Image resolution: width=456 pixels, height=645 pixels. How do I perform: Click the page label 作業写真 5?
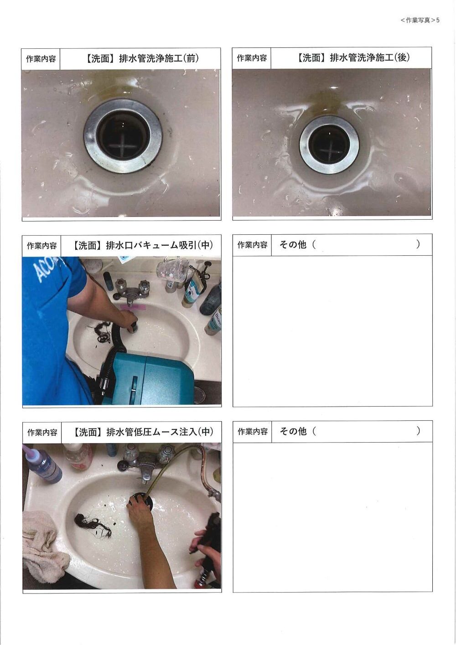pyautogui.click(x=420, y=20)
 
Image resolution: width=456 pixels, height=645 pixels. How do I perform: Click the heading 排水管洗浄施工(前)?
pyautogui.click(x=159, y=58)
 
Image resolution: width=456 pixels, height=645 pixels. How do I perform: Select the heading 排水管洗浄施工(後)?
pyautogui.click(x=369, y=57)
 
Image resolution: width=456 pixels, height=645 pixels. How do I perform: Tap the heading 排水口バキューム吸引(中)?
pyautogui.click(x=160, y=245)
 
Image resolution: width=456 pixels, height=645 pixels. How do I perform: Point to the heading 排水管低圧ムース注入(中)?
pyautogui.click(x=160, y=432)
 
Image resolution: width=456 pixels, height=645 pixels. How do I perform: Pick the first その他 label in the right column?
pyautogui.click(x=293, y=244)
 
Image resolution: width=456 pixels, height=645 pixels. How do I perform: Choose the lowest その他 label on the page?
pyautogui.click(x=293, y=431)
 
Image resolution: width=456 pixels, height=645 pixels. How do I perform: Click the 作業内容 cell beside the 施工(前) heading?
pyautogui.click(x=41, y=59)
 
